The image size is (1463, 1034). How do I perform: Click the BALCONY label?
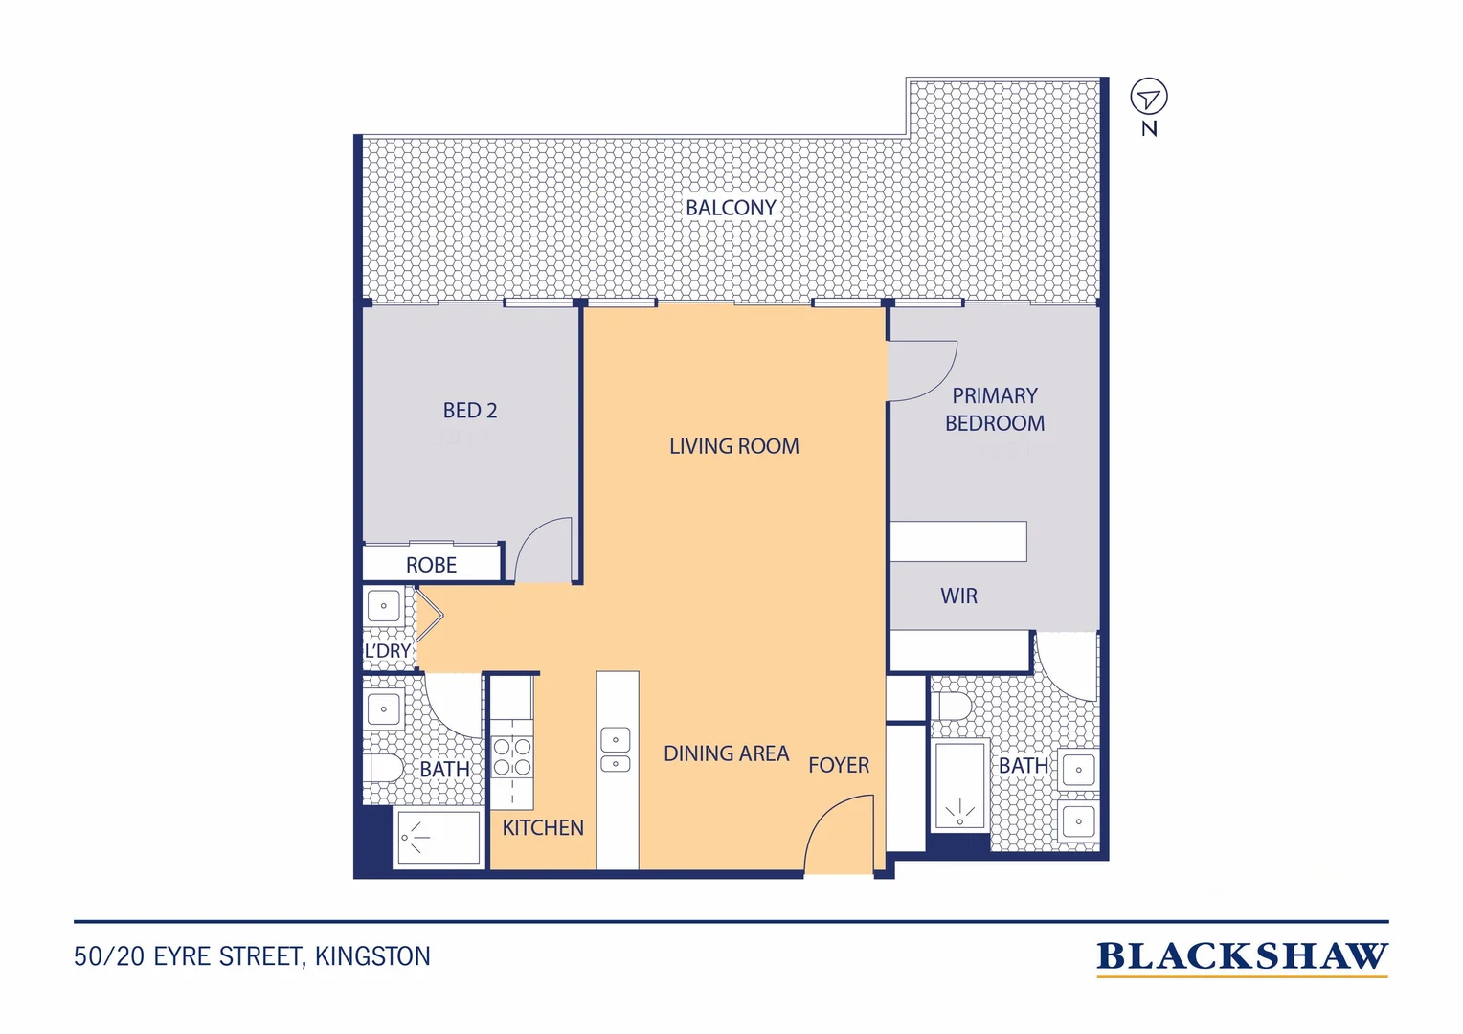click(x=731, y=208)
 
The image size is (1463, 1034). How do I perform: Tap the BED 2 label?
click(x=469, y=410)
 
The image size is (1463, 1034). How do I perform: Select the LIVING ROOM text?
click(x=734, y=446)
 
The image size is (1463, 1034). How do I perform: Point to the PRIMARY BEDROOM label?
click(x=995, y=410)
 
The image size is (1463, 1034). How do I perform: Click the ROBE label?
click(x=431, y=565)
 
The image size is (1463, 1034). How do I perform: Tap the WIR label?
click(x=958, y=596)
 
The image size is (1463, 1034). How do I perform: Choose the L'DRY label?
click(x=388, y=651)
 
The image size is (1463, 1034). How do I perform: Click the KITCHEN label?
click(x=543, y=827)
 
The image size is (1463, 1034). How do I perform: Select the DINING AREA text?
click(x=727, y=753)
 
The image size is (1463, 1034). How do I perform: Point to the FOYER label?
click(x=839, y=765)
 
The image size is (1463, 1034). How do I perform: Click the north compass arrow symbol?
click(x=1149, y=97)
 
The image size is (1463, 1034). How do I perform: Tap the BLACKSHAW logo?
click(x=1242, y=958)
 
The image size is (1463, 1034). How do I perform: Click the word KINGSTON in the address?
click(x=372, y=956)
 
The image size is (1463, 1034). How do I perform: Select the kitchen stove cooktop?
click(x=512, y=755)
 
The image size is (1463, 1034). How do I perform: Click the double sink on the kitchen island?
click(x=616, y=750)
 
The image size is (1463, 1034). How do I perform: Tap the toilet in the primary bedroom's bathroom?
click(x=952, y=707)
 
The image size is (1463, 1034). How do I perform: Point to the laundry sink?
click(x=383, y=605)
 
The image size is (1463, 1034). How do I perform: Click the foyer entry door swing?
click(x=838, y=834)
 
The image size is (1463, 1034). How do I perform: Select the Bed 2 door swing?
click(x=543, y=550)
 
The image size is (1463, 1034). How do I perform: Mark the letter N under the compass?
click(x=1149, y=128)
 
